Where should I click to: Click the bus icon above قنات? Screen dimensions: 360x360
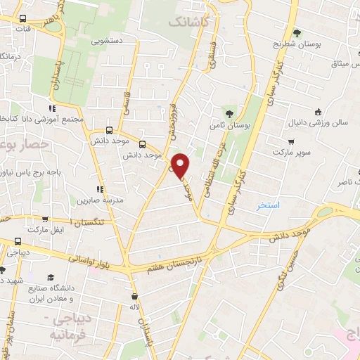click(24, 19)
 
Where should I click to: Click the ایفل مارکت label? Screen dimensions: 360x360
click(45, 230)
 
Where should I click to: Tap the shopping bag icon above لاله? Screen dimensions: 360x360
click(134, 295)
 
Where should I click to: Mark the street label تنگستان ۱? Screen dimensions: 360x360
click(101, 222)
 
